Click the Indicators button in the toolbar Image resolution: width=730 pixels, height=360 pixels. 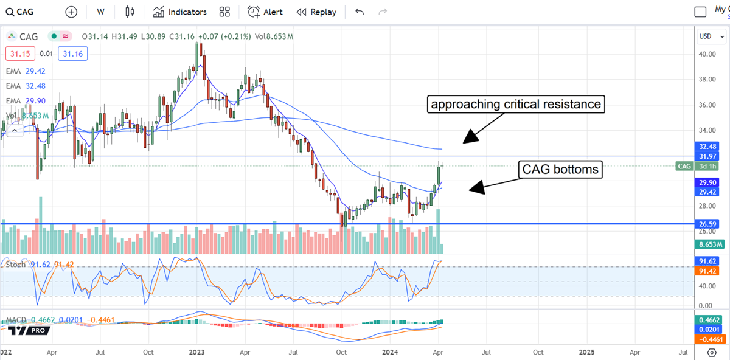point(180,12)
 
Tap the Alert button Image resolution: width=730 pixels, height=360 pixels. point(265,12)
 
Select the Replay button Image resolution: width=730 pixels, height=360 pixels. point(316,12)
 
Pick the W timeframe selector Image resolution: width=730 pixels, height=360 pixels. point(101,12)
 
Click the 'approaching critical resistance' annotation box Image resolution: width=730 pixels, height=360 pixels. point(516,105)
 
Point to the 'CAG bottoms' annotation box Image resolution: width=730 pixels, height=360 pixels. point(560,170)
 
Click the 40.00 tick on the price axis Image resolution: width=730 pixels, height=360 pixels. point(707,54)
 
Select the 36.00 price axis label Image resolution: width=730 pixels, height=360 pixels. point(707,105)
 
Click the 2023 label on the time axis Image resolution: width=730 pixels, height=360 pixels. point(196,352)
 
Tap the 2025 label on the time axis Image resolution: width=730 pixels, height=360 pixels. point(587,352)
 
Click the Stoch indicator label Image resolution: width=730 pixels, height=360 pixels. point(16,265)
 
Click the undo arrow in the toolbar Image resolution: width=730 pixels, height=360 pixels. point(360,12)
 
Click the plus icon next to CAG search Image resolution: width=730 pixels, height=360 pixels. point(71,12)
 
